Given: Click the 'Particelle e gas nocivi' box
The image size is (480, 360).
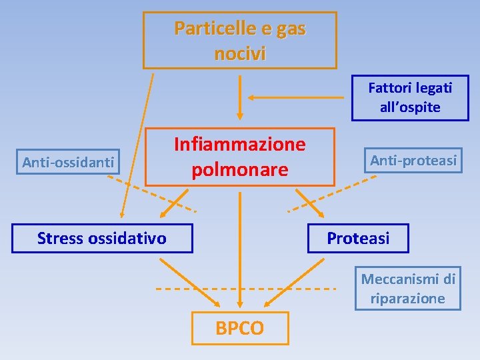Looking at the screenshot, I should point(240,40).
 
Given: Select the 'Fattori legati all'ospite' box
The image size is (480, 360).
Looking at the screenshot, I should point(410,97).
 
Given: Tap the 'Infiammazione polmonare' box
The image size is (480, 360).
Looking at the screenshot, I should point(240,157).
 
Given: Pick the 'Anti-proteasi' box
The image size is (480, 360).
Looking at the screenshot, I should point(413,160).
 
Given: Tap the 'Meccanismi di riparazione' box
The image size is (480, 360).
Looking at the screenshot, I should point(408,289).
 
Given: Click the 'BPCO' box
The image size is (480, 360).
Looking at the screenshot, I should point(240,328).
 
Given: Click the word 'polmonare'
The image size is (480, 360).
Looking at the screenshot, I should point(240,170).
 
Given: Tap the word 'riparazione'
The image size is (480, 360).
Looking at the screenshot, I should point(408,298).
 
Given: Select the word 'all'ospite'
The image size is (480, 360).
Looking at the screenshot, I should point(410,107).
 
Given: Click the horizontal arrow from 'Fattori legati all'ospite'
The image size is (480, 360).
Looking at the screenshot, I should point(300,97).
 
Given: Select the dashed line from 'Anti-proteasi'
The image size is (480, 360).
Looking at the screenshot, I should point(327,193).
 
